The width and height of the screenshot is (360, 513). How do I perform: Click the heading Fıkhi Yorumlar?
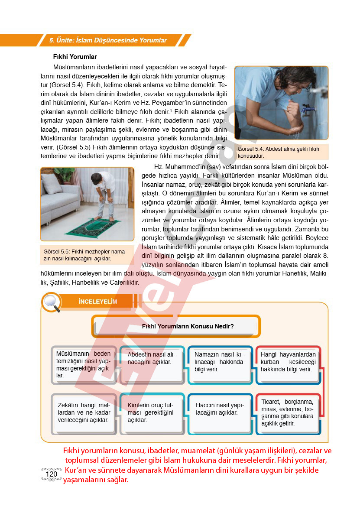(75, 57)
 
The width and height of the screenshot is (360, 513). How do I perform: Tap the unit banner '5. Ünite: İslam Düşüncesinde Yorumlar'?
(108, 40)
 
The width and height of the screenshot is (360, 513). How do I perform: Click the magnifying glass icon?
(52, 302)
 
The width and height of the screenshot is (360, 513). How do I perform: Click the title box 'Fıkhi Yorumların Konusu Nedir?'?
(176, 326)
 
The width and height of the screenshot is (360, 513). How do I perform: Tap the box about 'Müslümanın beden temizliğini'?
(84, 364)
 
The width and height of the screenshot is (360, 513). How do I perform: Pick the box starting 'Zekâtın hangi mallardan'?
(84, 412)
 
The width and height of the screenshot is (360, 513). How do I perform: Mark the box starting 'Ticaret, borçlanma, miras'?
(288, 412)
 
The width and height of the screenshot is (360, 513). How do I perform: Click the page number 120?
(51, 474)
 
